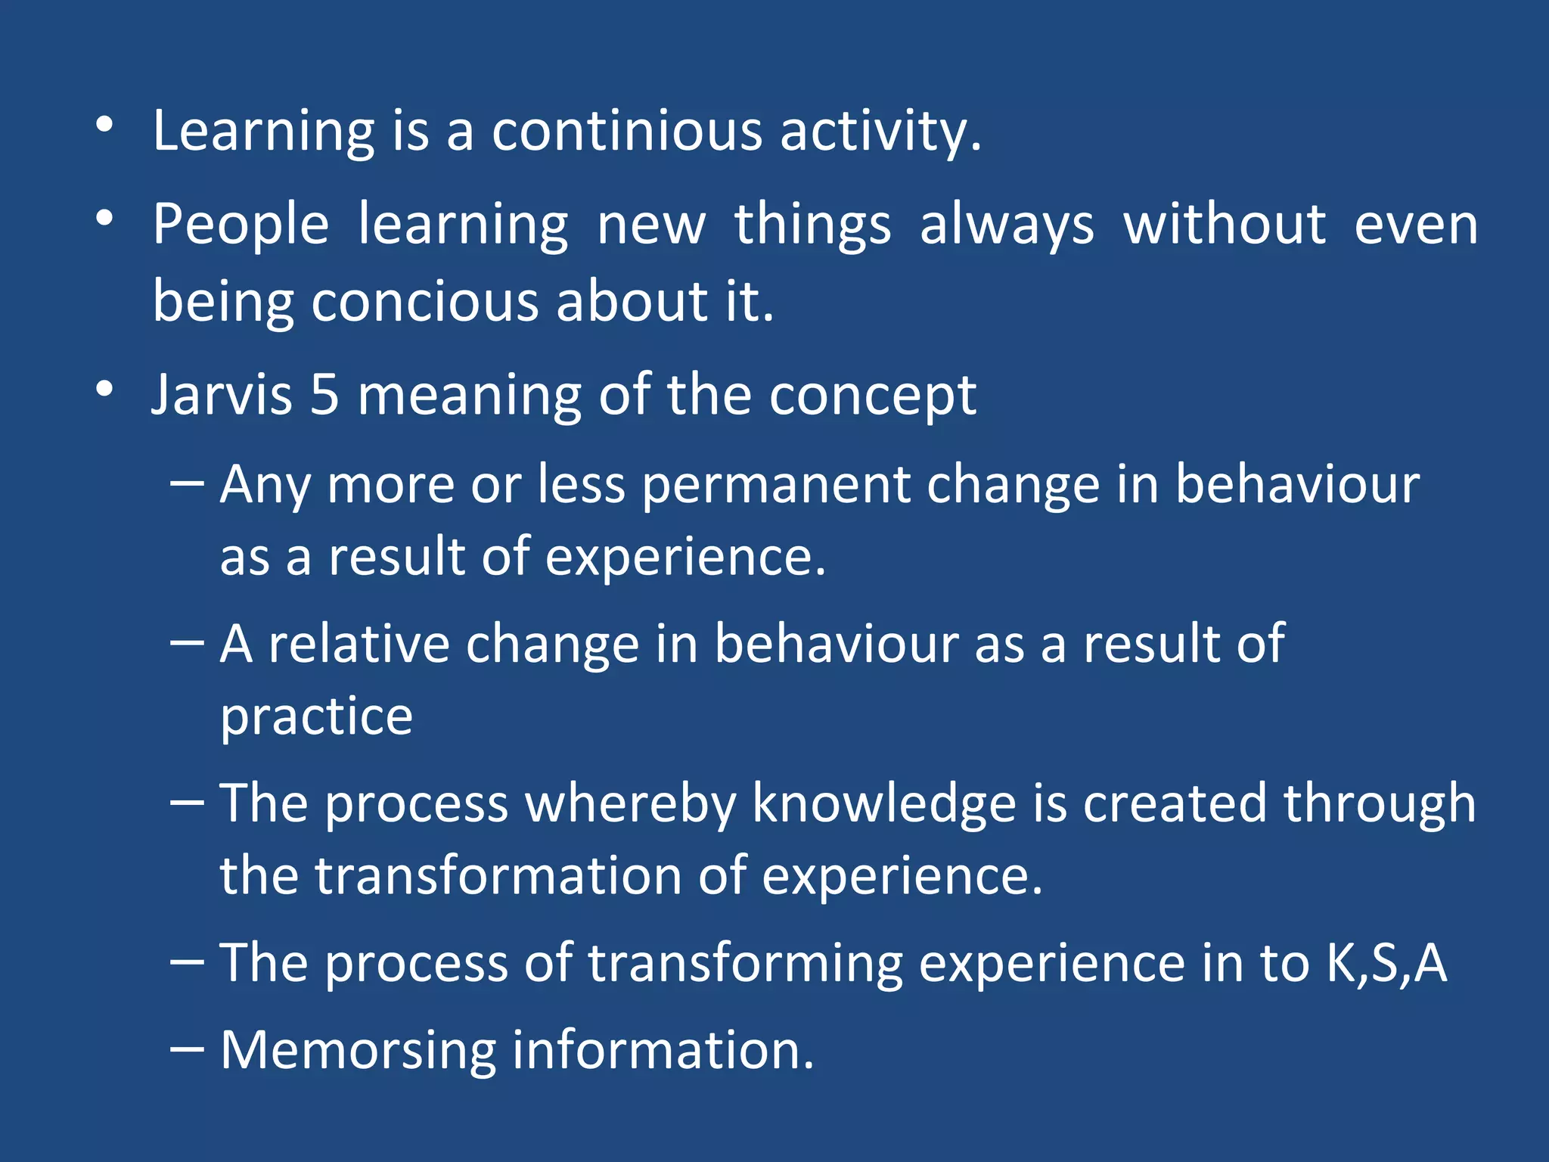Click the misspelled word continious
click(627, 131)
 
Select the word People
click(241, 225)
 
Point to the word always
click(1007, 225)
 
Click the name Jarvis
click(222, 395)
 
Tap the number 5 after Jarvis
click(324, 395)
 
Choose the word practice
click(316, 716)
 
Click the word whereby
click(630, 803)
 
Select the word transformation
click(498, 875)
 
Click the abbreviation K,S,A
click(1386, 963)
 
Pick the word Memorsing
click(358, 1051)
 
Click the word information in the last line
click(663, 1051)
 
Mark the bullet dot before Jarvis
click(104, 390)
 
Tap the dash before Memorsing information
click(187, 1049)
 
